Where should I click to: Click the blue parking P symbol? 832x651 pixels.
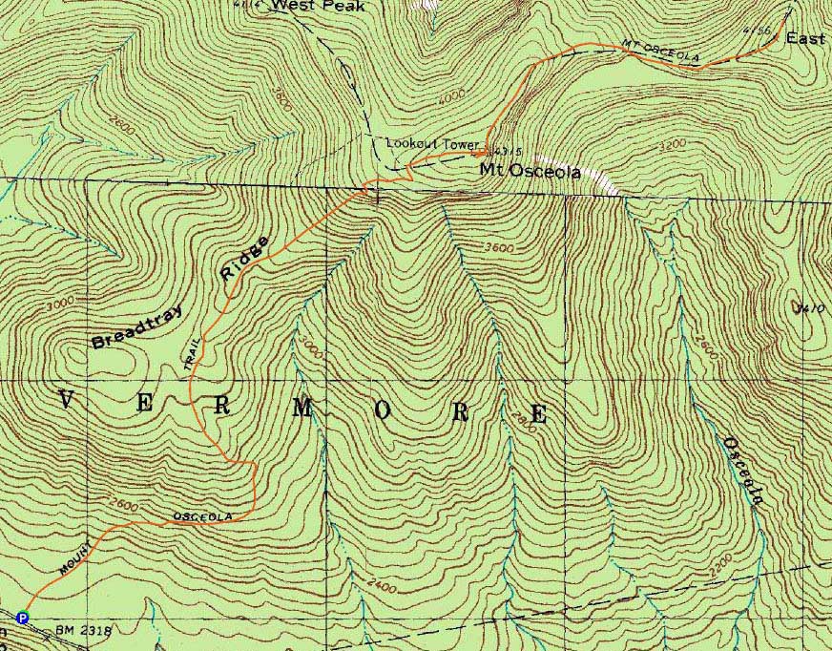coord(23,618)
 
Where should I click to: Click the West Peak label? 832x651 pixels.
coord(304,6)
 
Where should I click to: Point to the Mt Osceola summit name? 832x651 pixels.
coord(530,172)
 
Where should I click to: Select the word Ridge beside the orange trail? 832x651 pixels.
coord(243,260)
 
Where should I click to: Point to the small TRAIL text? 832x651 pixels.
coord(196,352)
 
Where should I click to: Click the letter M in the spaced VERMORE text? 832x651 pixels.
coord(302,409)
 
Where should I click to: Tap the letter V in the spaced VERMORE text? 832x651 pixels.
coord(67,399)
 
